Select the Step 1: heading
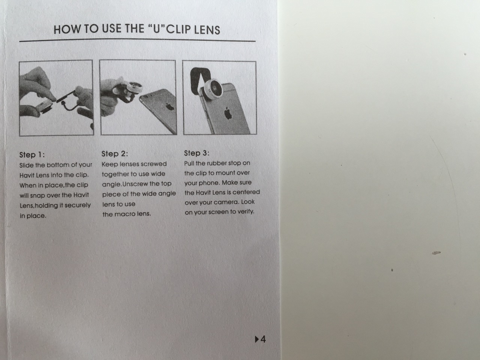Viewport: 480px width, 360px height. click(32, 155)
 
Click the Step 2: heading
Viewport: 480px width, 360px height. click(115, 154)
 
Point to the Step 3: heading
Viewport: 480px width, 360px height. click(196, 153)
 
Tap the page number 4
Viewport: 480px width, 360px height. click(263, 339)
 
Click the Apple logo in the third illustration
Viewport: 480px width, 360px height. click(228, 113)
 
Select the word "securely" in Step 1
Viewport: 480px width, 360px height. click(78, 205)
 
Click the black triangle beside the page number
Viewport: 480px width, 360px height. click(257, 339)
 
